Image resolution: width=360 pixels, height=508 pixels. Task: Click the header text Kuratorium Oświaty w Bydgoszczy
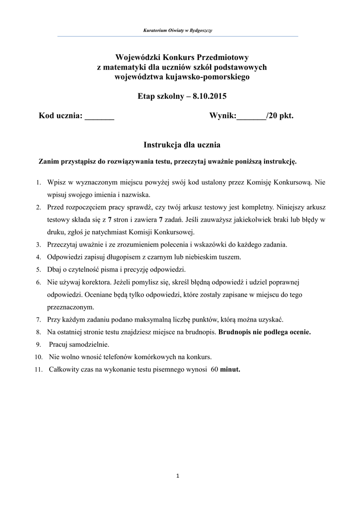(x=178, y=31)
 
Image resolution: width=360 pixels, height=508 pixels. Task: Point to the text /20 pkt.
(x=280, y=116)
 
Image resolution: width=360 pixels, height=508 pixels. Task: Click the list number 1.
(x=38, y=183)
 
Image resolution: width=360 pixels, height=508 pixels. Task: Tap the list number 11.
(x=38, y=370)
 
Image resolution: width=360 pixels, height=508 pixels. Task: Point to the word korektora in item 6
(x=91, y=282)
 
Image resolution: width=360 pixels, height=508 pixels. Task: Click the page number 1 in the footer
(x=178, y=477)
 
